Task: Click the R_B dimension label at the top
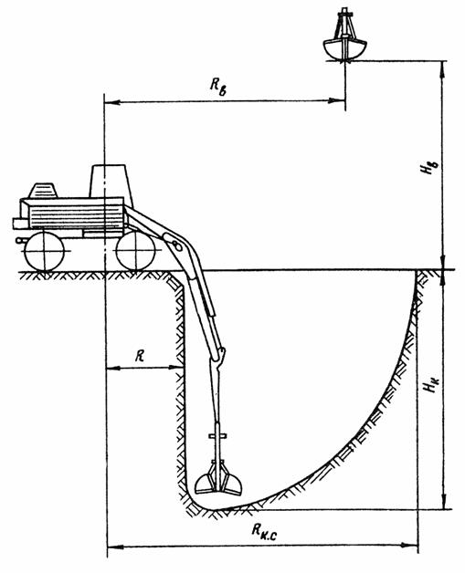(x=218, y=87)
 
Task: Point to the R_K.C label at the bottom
(x=264, y=530)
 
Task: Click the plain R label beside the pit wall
(x=140, y=355)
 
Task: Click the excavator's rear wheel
(x=44, y=252)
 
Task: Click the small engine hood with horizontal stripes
(x=43, y=191)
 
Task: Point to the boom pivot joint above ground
(x=175, y=245)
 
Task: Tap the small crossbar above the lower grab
(x=217, y=435)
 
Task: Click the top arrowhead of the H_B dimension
(x=444, y=69)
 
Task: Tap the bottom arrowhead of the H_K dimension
(x=445, y=501)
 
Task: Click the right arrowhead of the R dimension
(x=176, y=368)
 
